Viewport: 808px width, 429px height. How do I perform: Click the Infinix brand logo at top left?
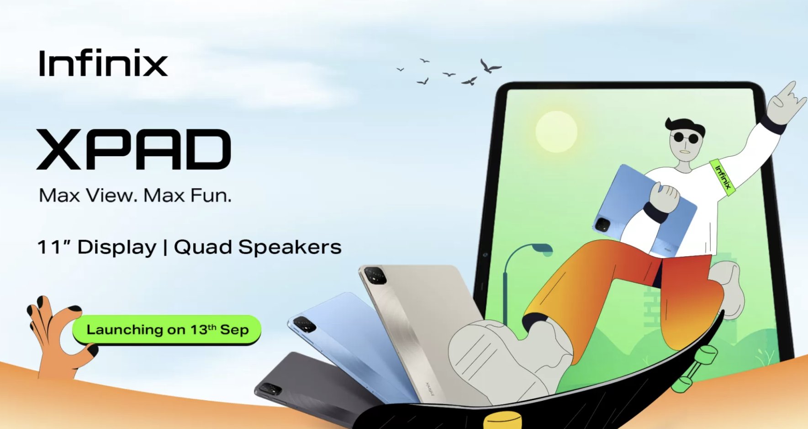[103, 63]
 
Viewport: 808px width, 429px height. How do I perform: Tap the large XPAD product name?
[134, 149]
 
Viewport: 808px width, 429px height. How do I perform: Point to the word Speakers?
[290, 247]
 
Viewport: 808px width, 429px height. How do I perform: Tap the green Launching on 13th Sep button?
[167, 329]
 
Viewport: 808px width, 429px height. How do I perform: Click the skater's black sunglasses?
[686, 138]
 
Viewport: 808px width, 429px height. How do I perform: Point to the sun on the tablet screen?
[556, 132]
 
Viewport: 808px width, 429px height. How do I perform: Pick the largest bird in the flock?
[490, 66]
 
